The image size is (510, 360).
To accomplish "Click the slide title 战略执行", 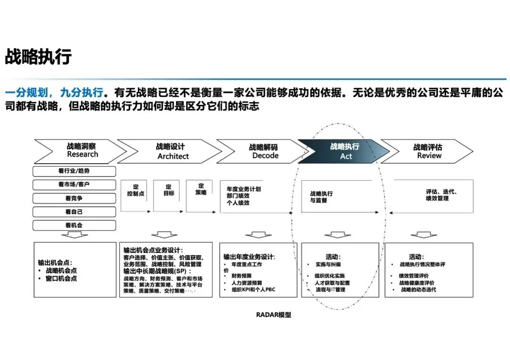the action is click(38, 57).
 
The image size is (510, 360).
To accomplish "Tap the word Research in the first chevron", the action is click(83, 154).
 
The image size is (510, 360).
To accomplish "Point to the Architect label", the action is click(173, 156).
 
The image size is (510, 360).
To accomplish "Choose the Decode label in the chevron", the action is click(265, 156).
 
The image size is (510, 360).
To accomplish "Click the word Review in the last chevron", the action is click(429, 156).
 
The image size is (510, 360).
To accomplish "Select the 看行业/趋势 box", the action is click(74, 171).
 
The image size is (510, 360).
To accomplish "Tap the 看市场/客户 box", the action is click(74, 184).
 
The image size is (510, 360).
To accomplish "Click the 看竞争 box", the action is click(74, 198).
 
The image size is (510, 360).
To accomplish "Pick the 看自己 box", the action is click(74, 212).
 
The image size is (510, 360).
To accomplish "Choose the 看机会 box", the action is click(74, 226).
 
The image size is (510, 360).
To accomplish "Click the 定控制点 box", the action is click(136, 190).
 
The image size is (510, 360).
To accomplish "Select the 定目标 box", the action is click(169, 190).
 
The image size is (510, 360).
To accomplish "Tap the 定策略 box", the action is click(201, 189).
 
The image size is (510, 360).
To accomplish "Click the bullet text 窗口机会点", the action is click(61, 278).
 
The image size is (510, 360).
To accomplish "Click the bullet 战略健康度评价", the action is click(417, 283).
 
